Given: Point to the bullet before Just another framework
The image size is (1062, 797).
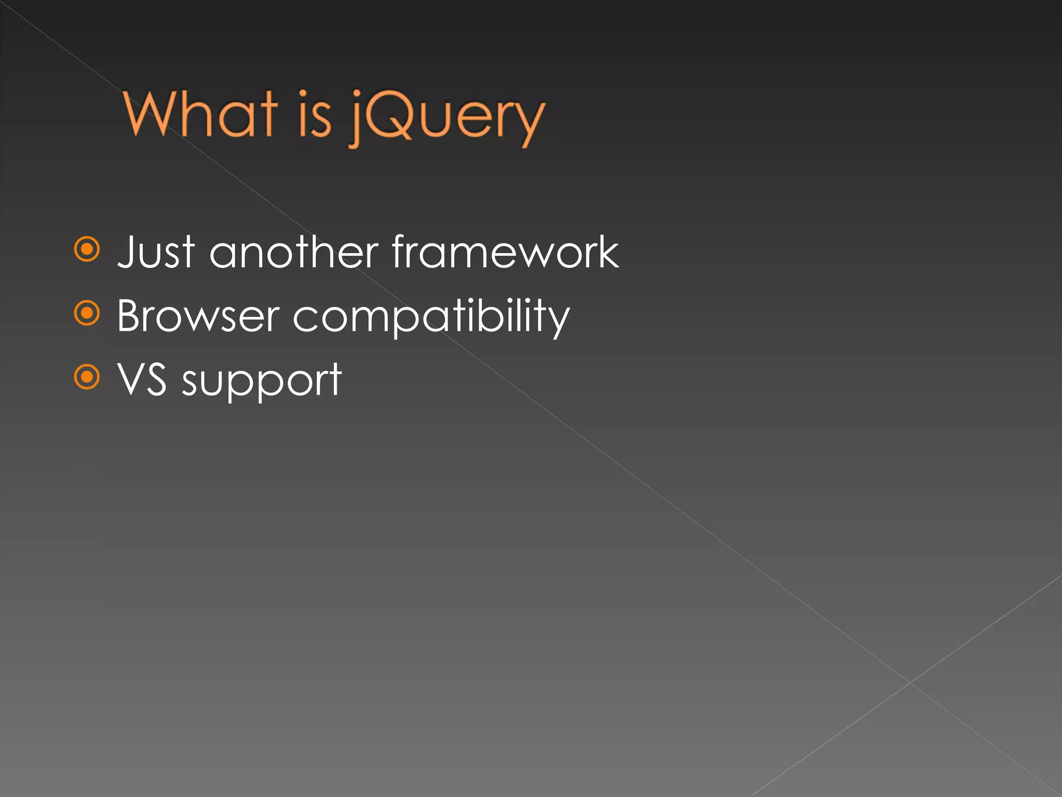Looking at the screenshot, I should pos(87,250).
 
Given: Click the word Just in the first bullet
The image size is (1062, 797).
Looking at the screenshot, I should pos(156,253).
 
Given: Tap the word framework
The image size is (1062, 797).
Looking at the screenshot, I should pos(505,253).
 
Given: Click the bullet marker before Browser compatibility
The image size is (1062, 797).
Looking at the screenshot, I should pos(87,313).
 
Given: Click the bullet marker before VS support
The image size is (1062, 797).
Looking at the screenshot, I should pos(87,377).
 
